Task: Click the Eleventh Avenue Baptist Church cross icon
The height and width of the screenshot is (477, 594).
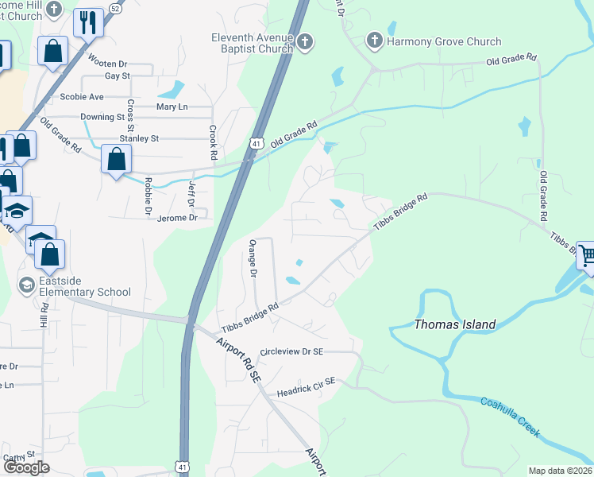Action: click(305, 43)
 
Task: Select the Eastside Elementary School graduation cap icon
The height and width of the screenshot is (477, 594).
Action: click(27, 285)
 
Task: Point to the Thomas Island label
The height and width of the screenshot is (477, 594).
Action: click(455, 324)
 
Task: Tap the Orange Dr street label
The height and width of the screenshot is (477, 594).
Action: click(253, 258)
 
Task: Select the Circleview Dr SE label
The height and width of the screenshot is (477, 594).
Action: click(291, 351)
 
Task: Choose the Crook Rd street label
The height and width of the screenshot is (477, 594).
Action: click(213, 141)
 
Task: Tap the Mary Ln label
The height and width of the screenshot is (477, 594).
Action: click(172, 107)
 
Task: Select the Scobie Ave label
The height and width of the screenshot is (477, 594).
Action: click(82, 97)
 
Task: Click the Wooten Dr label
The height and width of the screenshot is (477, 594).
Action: click(107, 64)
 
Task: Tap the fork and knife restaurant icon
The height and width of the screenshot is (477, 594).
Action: click(89, 21)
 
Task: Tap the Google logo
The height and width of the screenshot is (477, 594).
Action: click(26, 467)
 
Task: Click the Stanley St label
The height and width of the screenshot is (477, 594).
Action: click(139, 138)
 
